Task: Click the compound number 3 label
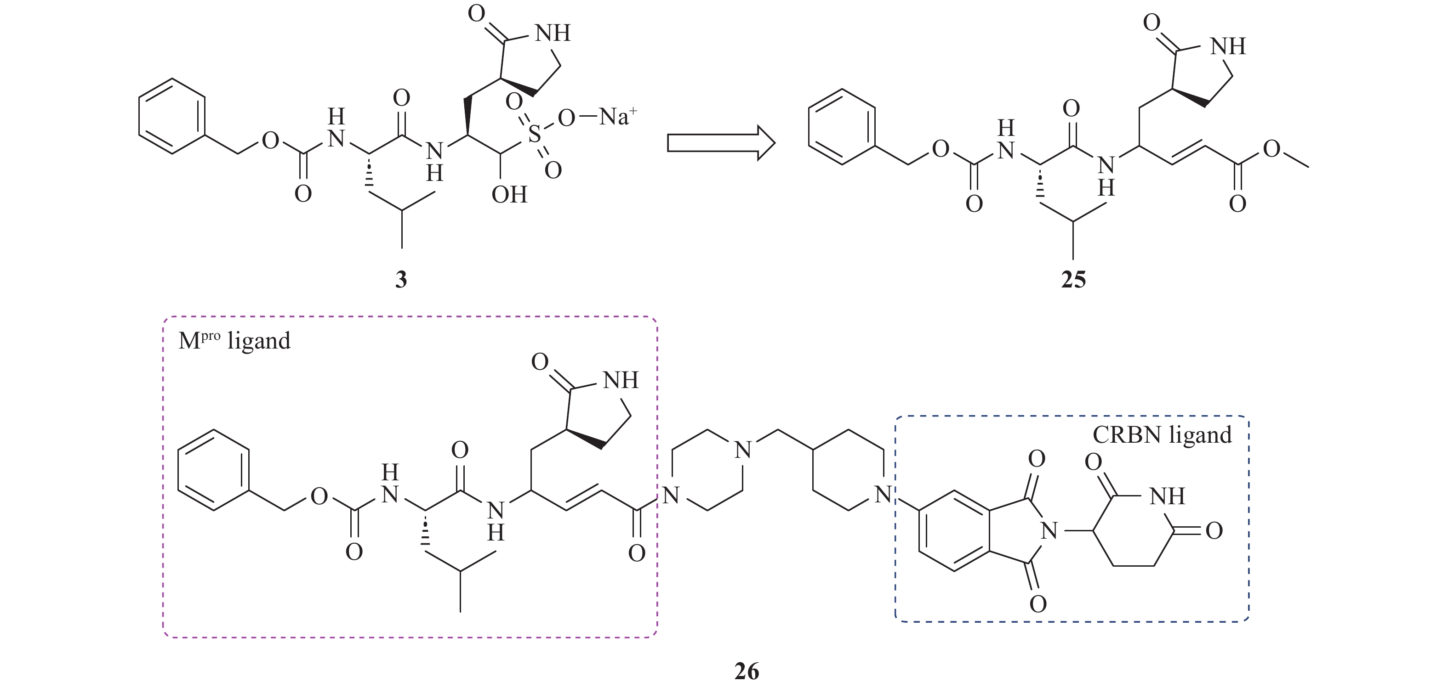[x=401, y=279]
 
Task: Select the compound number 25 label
[x=1073, y=279]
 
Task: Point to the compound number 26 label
[x=747, y=671]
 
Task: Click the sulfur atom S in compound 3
[x=535, y=135]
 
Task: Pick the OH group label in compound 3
[x=509, y=195]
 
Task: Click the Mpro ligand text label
[x=234, y=340]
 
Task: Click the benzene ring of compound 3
[x=172, y=116]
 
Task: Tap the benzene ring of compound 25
[x=842, y=127]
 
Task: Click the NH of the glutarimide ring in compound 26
[x=1167, y=496]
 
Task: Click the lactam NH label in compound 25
[x=1228, y=46]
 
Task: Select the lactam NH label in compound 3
[x=553, y=33]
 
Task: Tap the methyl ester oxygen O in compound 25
[x=1272, y=149]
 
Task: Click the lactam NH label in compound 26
[x=621, y=381]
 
